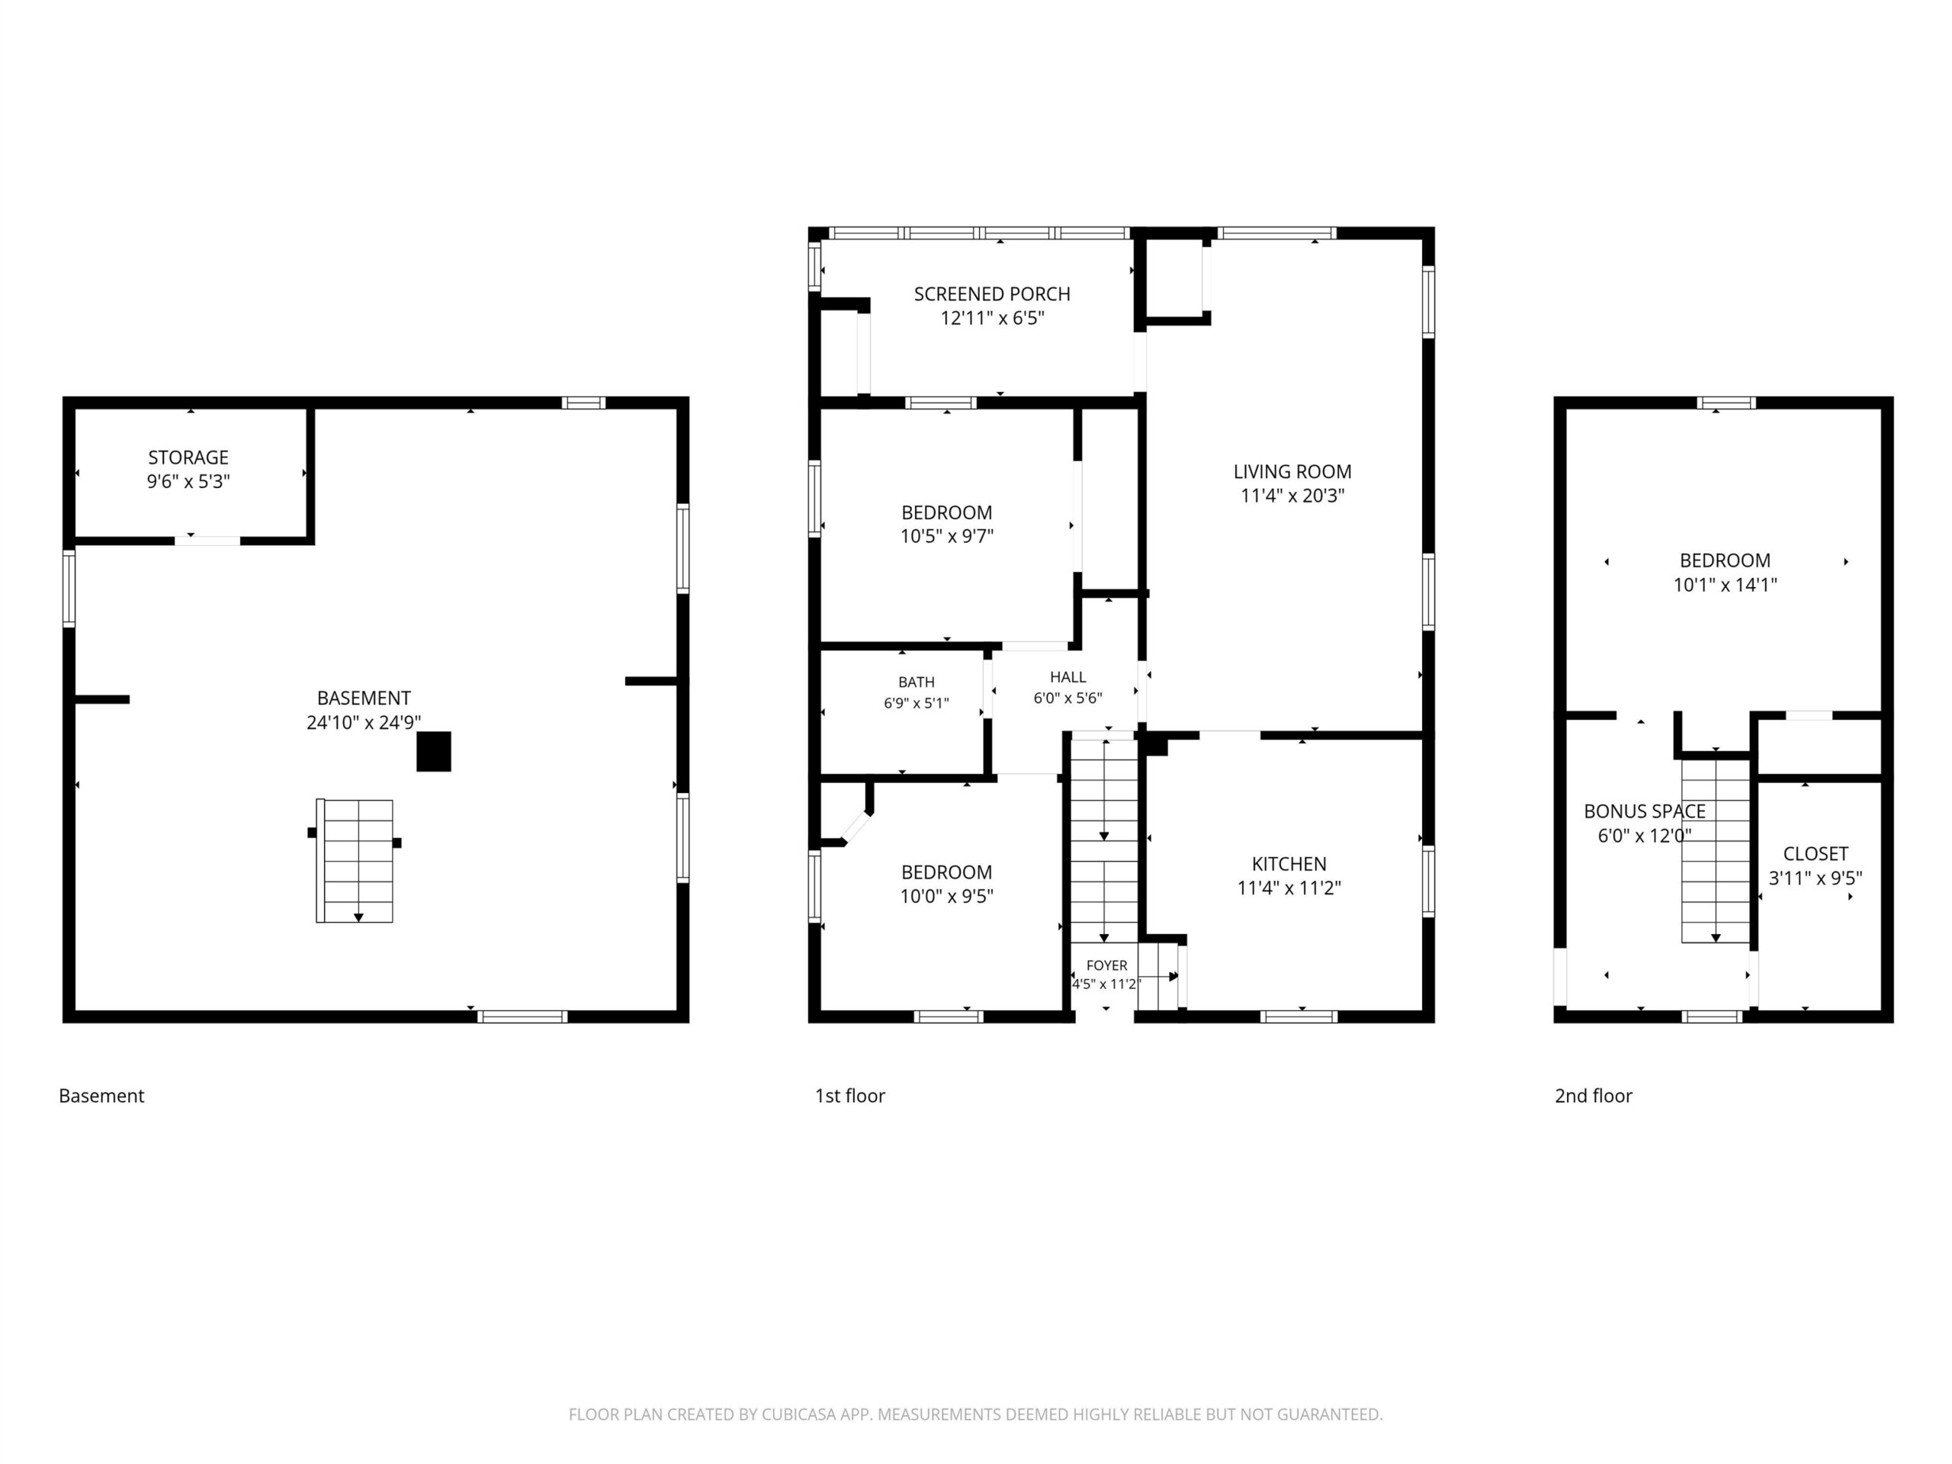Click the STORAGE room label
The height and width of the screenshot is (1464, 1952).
pyautogui.click(x=188, y=457)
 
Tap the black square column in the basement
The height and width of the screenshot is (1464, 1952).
pyautogui.click(x=433, y=751)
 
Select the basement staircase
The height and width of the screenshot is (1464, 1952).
pyautogui.click(x=355, y=860)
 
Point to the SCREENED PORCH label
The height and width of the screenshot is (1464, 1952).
pyautogui.click(x=992, y=294)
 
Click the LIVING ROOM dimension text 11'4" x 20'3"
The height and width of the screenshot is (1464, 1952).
pyautogui.click(x=1292, y=496)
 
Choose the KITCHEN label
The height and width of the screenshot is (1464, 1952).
pyautogui.click(x=1289, y=864)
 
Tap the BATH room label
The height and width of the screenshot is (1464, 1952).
pyautogui.click(x=916, y=682)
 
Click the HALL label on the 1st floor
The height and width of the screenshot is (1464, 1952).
pyautogui.click(x=1067, y=677)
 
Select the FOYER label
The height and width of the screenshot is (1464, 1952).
pyautogui.click(x=1106, y=965)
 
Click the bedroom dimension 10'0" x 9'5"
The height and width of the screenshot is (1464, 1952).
pyautogui.click(x=947, y=897)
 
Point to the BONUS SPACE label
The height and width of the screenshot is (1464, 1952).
pyautogui.click(x=1644, y=811)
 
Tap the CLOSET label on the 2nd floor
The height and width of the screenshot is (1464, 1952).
pyautogui.click(x=1816, y=853)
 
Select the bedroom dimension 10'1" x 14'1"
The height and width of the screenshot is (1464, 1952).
pyautogui.click(x=1726, y=585)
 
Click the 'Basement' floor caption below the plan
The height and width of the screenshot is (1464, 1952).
pyautogui.click(x=101, y=1095)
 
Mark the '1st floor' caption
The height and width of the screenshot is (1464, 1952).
pyautogui.click(x=850, y=1095)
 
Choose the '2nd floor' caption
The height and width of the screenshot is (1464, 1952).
pyautogui.click(x=1594, y=1095)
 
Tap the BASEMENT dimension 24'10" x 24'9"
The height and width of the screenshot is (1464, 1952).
pyautogui.click(x=364, y=723)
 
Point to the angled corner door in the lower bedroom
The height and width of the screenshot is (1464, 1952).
pyautogui.click(x=856, y=828)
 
